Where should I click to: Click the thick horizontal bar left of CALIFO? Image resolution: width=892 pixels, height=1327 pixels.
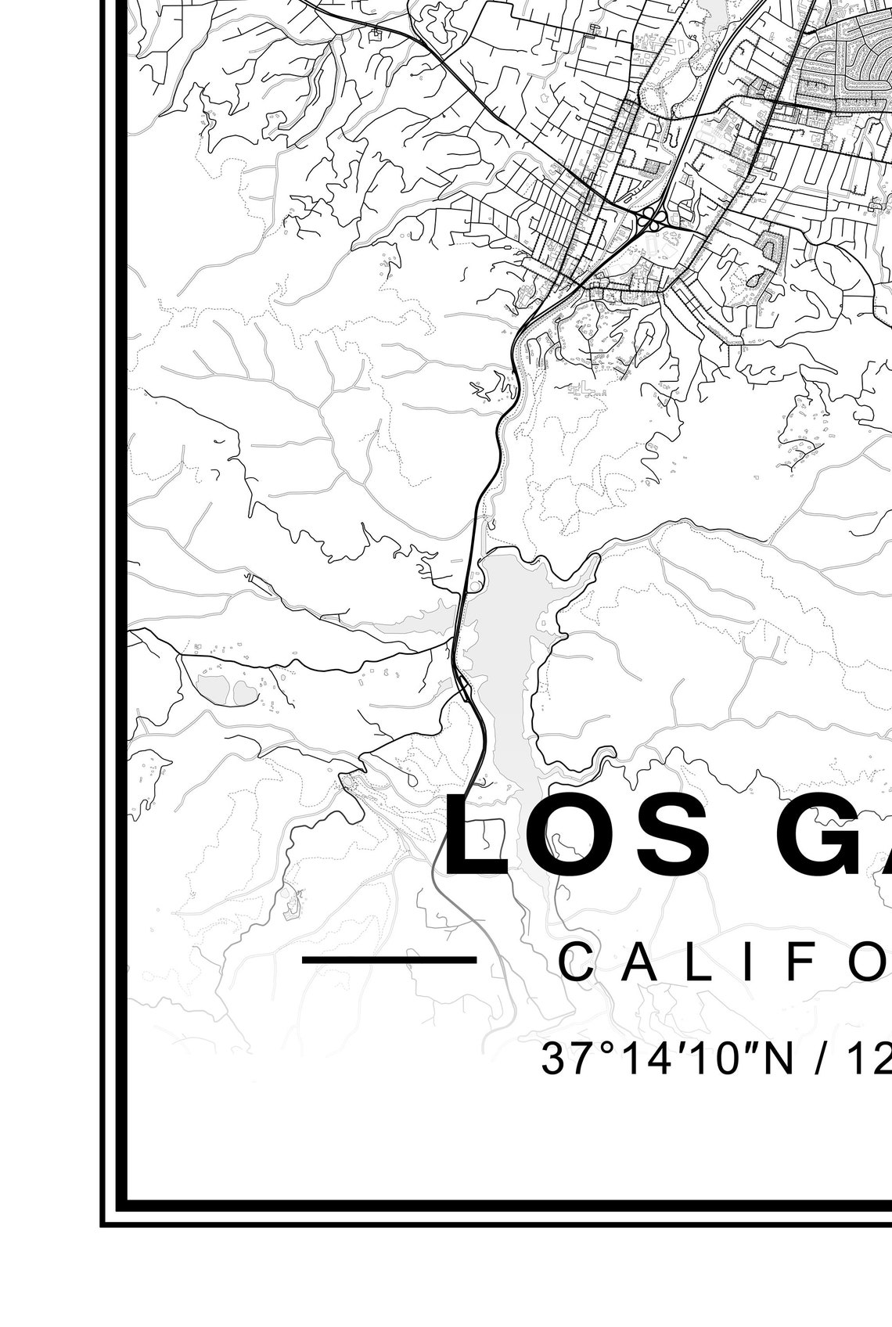point(389,959)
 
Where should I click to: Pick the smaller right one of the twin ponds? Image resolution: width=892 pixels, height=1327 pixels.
point(246,692)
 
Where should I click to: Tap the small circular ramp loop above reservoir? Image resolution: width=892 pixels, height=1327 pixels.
point(476,585)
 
